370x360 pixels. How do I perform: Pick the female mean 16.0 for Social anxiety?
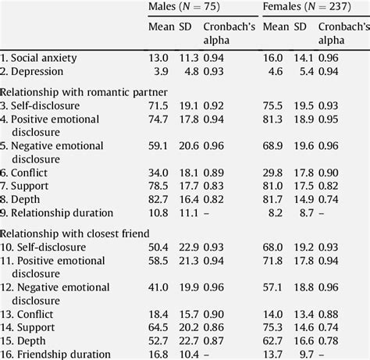click(274, 57)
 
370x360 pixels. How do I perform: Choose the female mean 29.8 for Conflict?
click(274, 171)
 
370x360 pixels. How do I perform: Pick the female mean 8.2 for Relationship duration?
click(277, 212)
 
